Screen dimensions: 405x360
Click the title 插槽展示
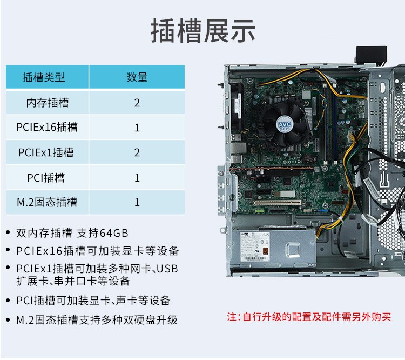(203, 31)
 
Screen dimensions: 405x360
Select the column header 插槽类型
(44, 77)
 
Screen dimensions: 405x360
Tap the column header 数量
(137, 77)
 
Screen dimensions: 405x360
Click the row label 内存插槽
(48, 103)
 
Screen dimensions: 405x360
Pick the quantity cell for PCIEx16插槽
(137, 128)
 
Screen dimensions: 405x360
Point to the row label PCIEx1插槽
(46, 152)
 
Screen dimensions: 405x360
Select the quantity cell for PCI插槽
(137, 178)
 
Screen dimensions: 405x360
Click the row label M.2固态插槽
(47, 202)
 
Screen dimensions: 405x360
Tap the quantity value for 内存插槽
(137, 103)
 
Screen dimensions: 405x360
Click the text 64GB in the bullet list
(114, 233)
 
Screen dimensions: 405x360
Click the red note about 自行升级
(309, 317)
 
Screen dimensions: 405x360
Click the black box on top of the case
(372, 55)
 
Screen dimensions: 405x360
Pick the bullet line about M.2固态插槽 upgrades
(97, 320)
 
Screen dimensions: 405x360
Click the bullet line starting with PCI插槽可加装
(93, 301)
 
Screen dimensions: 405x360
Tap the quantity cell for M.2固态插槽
(137, 202)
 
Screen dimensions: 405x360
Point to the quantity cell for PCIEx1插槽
(137, 152)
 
